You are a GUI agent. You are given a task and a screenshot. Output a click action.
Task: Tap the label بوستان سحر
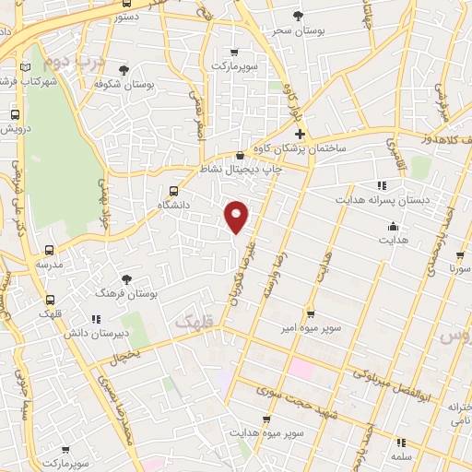tap(296, 29)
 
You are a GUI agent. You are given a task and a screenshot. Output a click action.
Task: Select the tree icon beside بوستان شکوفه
tap(124, 70)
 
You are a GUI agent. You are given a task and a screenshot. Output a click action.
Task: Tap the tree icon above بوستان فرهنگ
tap(126, 278)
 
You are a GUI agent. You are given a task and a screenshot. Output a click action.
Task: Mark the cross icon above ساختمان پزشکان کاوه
tap(300, 135)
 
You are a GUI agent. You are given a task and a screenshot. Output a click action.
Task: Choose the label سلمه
tap(399, 455)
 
